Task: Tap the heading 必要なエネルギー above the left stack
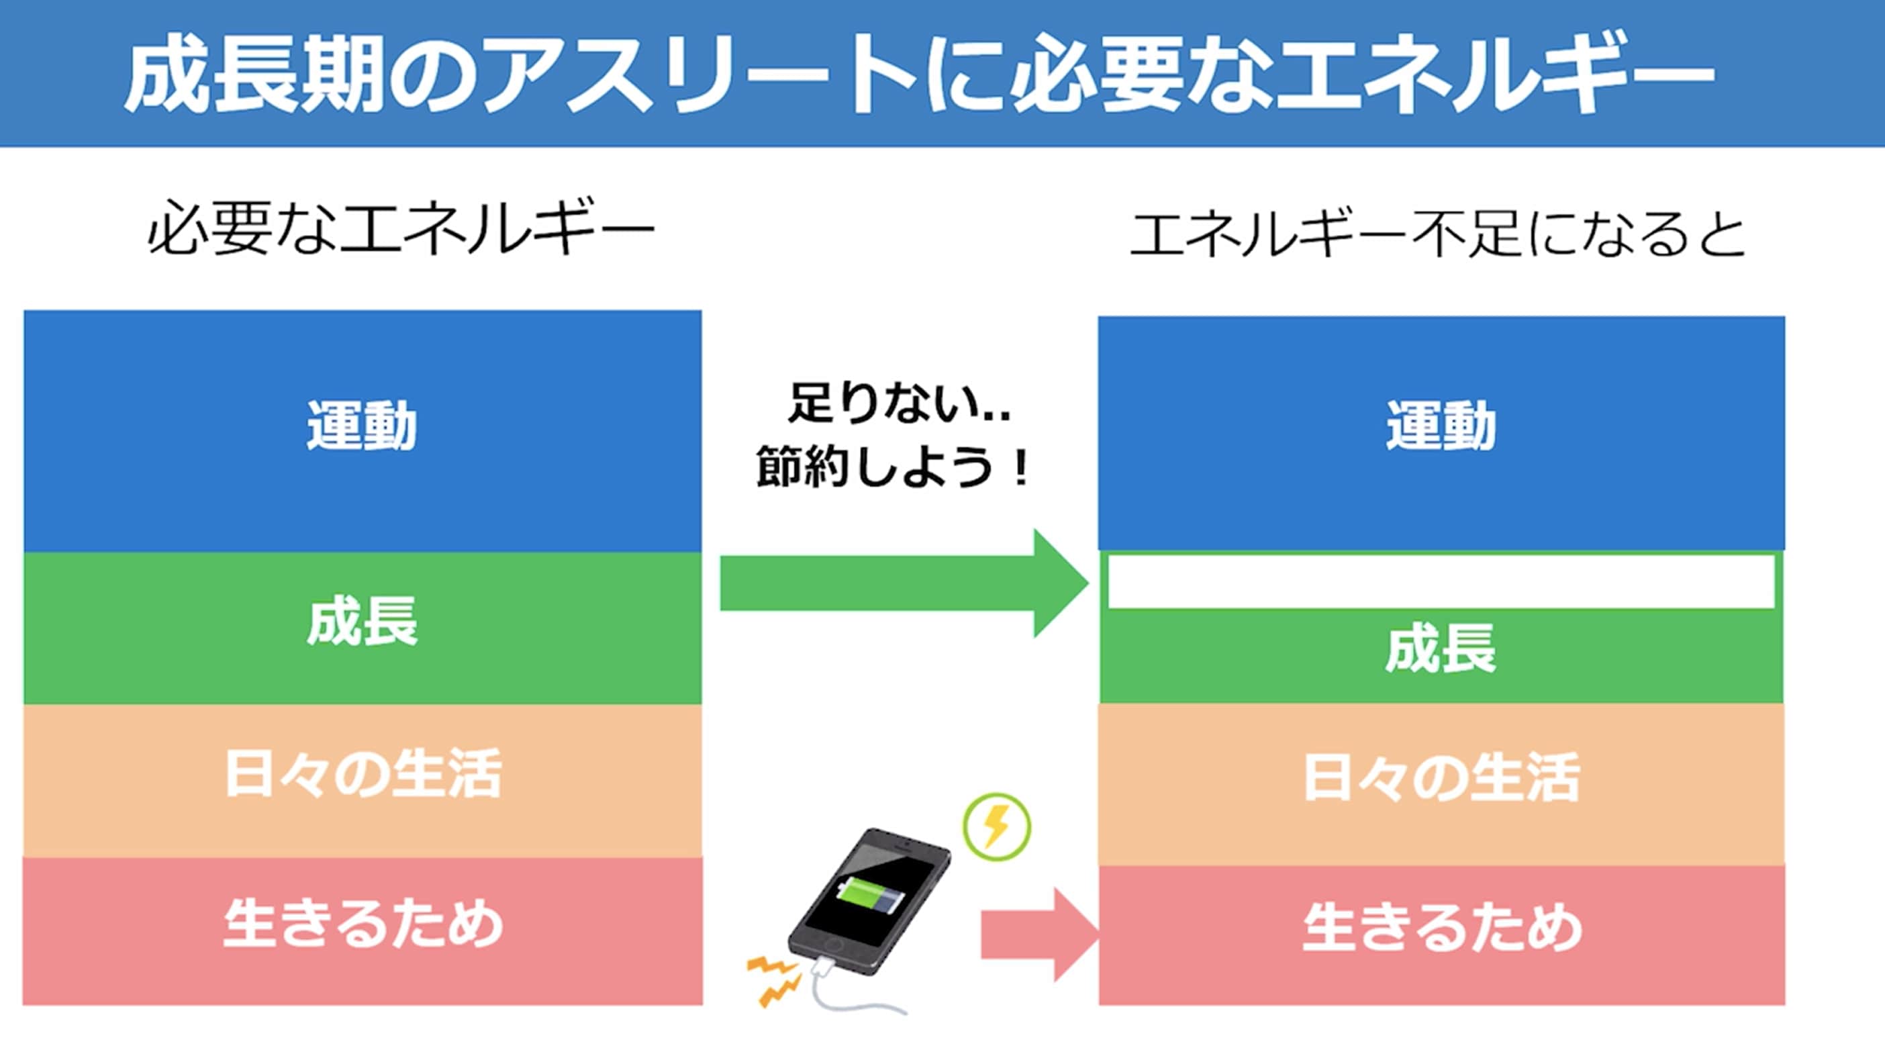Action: pyautogui.click(x=400, y=228)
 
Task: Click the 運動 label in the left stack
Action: pyautogui.click(x=361, y=425)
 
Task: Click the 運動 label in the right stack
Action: pyautogui.click(x=1441, y=425)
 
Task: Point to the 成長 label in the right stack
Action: pyautogui.click(x=1441, y=649)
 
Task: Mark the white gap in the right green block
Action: pyautogui.click(x=1441, y=581)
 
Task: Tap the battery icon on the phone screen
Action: pyautogui.click(x=869, y=895)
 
